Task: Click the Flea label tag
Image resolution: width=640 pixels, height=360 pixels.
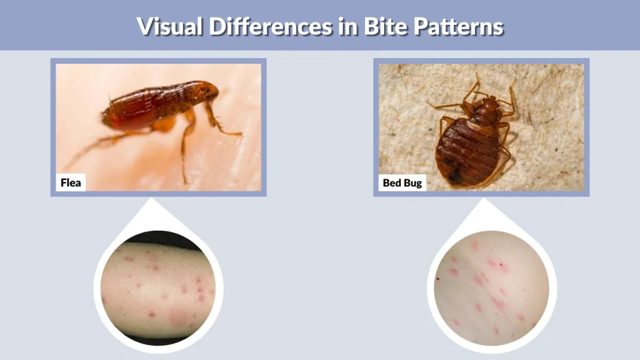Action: coord(71,183)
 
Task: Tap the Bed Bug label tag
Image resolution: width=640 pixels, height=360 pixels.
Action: coord(402,183)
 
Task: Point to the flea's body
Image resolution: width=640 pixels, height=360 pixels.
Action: coord(156,106)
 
